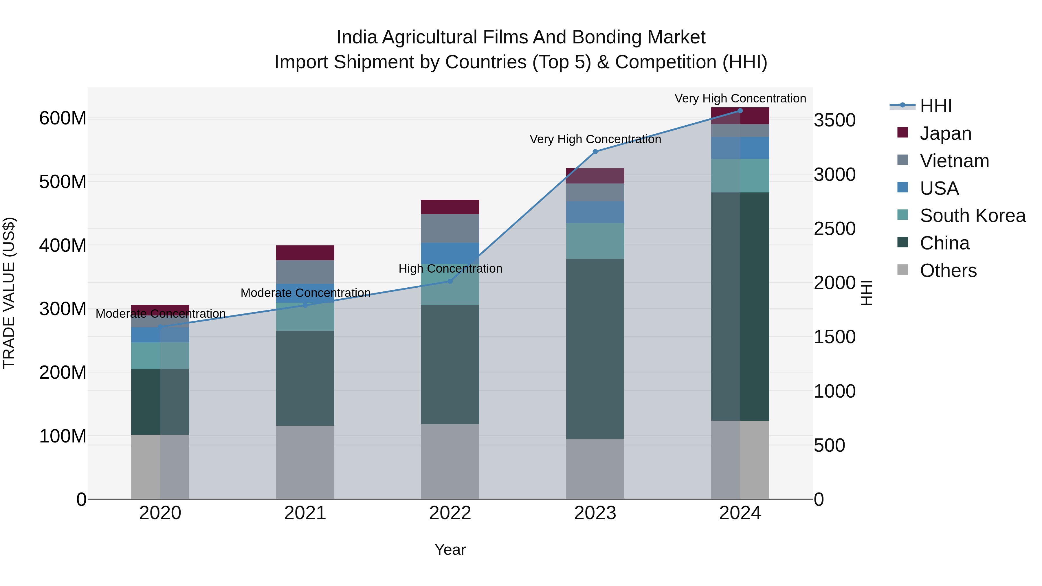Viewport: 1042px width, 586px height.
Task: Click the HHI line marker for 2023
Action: tap(595, 152)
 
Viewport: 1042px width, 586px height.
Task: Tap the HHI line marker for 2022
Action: tap(450, 281)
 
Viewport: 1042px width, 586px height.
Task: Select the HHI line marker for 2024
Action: tap(740, 111)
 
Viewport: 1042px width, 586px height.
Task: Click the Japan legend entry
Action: tap(945, 133)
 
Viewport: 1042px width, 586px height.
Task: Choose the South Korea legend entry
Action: tap(973, 216)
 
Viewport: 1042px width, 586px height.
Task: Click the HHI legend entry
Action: tap(935, 106)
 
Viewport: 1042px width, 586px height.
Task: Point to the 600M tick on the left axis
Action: tap(63, 118)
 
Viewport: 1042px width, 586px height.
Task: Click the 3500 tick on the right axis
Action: tap(834, 120)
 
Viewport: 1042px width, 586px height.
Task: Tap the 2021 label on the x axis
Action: tap(305, 513)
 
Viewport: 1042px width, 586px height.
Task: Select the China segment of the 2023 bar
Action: tap(595, 349)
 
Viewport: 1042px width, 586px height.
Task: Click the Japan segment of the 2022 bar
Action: tap(450, 207)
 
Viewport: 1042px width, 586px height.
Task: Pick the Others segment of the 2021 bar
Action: tap(305, 462)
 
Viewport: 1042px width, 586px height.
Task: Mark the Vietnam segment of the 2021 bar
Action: tap(305, 272)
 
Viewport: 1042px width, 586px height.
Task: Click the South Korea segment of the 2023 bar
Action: tap(595, 241)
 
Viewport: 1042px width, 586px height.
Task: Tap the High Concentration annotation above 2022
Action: tap(450, 269)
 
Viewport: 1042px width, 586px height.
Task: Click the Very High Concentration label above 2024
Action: tap(740, 98)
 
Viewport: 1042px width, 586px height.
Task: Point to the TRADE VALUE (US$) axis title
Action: tap(9, 293)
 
